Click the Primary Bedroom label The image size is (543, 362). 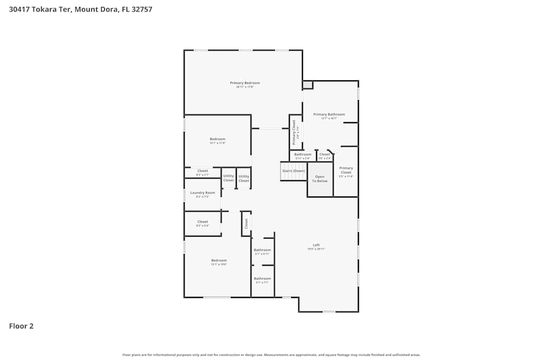tap(245, 83)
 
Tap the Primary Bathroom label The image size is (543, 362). tap(329, 115)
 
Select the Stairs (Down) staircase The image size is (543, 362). tap(293, 171)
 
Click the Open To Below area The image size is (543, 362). tap(320, 179)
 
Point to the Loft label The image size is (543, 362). tap(316, 245)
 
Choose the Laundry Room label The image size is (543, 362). tap(203, 193)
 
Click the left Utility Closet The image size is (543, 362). tap(229, 178)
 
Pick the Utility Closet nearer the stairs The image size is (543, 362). tap(244, 178)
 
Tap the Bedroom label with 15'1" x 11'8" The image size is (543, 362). tap(217, 139)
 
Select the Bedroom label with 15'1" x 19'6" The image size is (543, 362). tap(219, 261)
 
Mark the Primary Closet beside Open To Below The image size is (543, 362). tap(346, 170)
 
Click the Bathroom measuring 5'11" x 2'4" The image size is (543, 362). tap(302, 155)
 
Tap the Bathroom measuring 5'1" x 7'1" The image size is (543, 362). tap(262, 279)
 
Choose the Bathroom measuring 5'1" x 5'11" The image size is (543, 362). tap(262, 250)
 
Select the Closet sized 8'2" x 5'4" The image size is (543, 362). tap(203, 221)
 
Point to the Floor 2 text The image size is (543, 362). tap(21, 326)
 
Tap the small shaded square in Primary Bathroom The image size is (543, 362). tap(307, 85)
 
